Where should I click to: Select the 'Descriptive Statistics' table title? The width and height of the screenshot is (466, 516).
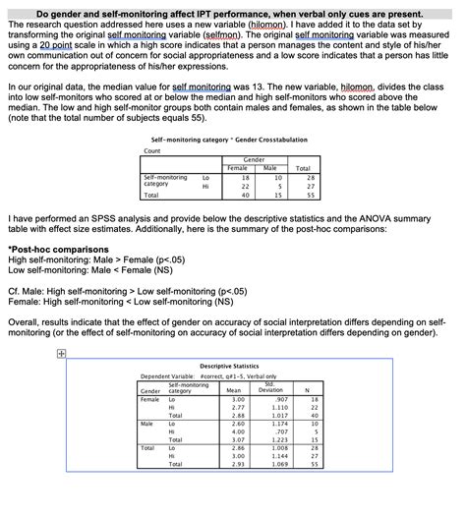pyautogui.click(x=232, y=366)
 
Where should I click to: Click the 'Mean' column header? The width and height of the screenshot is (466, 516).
pyautogui.click(x=234, y=389)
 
